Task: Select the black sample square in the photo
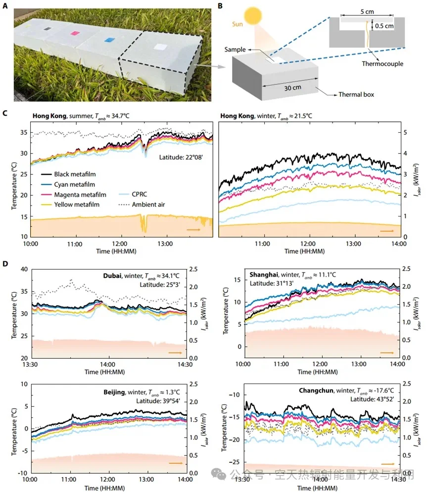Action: [48, 29]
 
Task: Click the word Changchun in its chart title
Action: [316, 390]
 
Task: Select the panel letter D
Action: [5, 264]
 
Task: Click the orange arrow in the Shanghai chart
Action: [386, 352]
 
